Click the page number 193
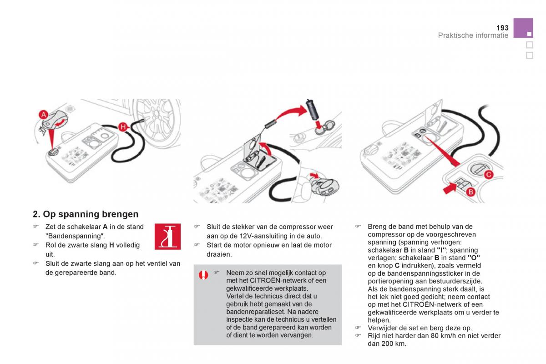tap(502, 28)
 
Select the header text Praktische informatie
tap(473, 35)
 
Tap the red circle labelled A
tap(44, 115)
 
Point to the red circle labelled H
tap(122, 127)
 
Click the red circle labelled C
tap(487, 174)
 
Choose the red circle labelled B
tap(471, 192)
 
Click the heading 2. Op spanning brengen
tap(86, 214)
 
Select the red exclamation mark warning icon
tap(203, 275)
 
